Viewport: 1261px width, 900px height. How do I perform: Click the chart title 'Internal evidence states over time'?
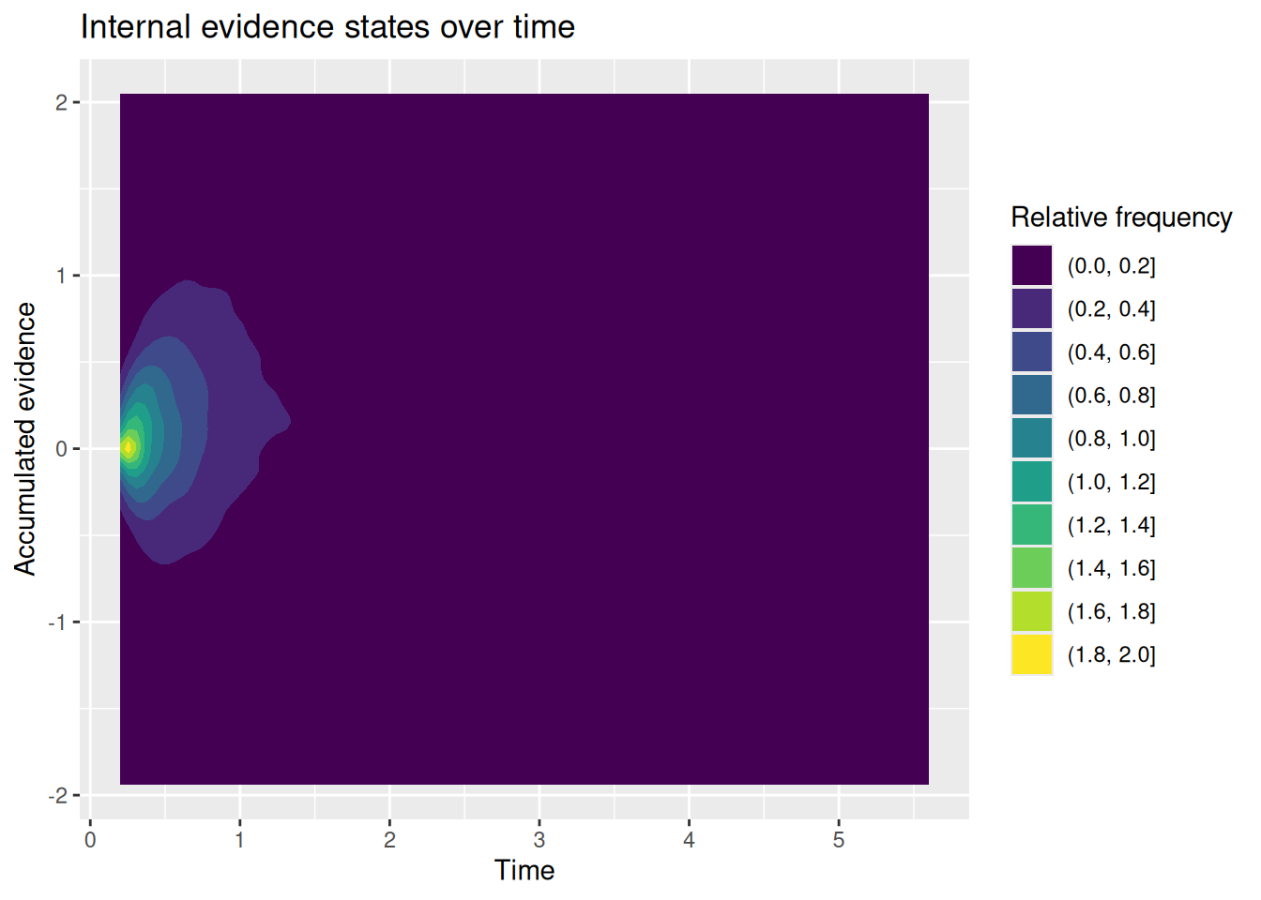[327, 27]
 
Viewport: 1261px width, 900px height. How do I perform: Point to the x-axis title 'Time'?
[524, 870]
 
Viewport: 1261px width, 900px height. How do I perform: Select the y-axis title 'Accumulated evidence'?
[24, 439]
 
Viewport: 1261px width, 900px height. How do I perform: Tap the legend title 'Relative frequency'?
[1121, 217]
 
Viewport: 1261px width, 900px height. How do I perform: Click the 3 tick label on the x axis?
[539, 840]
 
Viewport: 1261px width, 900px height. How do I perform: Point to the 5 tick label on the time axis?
[839, 840]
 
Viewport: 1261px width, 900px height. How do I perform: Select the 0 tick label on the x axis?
[90, 840]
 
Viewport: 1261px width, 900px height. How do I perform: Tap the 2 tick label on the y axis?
[61, 103]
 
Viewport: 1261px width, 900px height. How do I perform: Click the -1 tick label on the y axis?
[57, 622]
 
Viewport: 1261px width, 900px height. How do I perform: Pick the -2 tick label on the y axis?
[57, 796]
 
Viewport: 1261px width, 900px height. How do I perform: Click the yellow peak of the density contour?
[129, 447]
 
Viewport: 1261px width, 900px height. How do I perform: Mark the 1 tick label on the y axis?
[61, 277]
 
